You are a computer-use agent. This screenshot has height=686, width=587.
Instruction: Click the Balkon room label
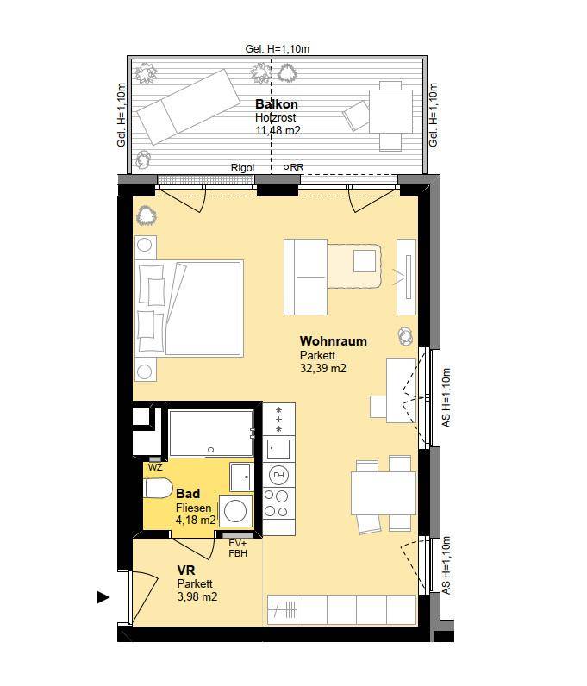coord(276,104)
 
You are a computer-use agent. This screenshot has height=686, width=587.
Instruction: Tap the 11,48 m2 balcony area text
coord(278,130)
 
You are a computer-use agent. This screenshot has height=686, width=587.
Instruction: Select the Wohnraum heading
coord(333,340)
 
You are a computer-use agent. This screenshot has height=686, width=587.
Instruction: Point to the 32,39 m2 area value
coord(322,368)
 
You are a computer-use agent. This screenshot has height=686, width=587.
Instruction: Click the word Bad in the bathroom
coord(188,494)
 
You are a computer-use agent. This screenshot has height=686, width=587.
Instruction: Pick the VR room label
coord(186,570)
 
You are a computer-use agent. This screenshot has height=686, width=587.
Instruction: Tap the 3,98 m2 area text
coord(197,596)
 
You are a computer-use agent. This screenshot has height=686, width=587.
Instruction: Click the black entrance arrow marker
coord(103,597)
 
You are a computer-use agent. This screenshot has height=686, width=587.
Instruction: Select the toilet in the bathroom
coord(159,489)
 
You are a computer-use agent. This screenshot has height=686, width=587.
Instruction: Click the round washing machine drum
coord(235,510)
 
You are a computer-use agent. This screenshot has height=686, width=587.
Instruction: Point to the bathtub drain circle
coord(211,450)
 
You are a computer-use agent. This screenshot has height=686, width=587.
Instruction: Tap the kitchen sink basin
coord(278,449)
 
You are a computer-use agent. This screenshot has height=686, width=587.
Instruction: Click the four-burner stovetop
coord(277,503)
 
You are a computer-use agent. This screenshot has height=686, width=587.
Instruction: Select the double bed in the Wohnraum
coord(189,308)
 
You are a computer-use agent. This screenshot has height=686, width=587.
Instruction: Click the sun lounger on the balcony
coord(189,107)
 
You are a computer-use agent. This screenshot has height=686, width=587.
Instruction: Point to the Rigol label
coord(242,167)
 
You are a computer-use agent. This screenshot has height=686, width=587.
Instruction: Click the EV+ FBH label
coord(238,548)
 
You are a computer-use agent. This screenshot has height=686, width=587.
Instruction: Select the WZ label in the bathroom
coord(155,468)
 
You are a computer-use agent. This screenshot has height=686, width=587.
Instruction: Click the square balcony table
coord(390,111)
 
